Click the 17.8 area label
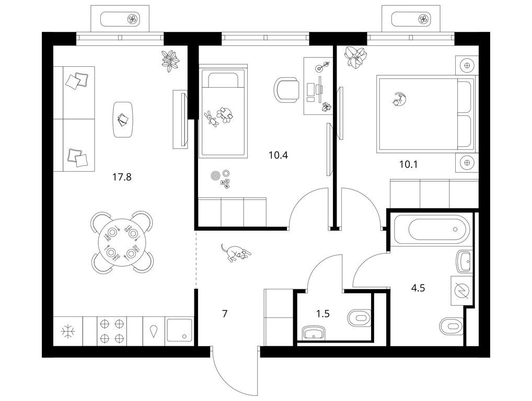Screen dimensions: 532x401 pos(122,177)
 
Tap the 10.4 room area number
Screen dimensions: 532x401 pos(278,155)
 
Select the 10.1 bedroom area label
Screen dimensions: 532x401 pos(409,164)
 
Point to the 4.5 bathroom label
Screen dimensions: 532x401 pos(418,288)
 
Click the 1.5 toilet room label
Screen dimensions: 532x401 pos(323,314)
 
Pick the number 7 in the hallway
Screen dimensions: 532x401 pos(225,314)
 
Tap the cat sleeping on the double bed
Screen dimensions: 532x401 pos(399,99)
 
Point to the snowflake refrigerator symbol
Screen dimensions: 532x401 pos(68,331)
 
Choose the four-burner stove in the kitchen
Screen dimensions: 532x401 pos(112,331)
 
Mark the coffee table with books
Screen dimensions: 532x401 pos(122,120)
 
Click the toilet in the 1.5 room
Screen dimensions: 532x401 pos(359,319)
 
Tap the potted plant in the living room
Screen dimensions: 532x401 pos(170,61)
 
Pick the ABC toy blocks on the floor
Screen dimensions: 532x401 pos(226,184)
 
